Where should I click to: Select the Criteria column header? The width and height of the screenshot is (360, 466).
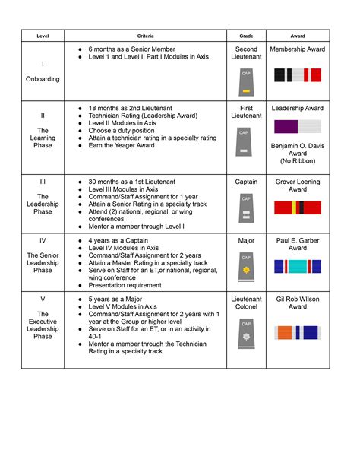tap(146, 35)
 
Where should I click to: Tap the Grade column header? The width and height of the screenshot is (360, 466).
tap(246, 35)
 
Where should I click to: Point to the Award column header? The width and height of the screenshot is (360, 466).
tap(298, 35)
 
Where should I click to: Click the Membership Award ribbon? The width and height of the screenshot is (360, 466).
tap(298, 74)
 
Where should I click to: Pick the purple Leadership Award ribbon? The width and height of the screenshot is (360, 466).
tap(298, 126)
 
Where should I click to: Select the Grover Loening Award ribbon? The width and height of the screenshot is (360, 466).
tap(298, 207)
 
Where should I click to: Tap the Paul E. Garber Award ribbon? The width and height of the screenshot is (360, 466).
tap(298, 266)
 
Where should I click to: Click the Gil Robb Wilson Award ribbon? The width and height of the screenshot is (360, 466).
tap(298, 331)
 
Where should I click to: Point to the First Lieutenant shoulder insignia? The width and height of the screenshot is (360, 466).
tap(246, 144)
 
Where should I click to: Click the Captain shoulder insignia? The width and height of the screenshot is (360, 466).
tap(246, 209)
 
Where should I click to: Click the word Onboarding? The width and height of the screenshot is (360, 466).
tap(43, 79)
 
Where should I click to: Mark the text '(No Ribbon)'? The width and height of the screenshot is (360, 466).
tap(298, 161)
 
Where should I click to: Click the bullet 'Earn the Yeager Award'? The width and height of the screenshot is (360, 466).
tap(122, 145)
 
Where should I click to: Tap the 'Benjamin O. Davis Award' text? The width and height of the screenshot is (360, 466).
tap(298, 149)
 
